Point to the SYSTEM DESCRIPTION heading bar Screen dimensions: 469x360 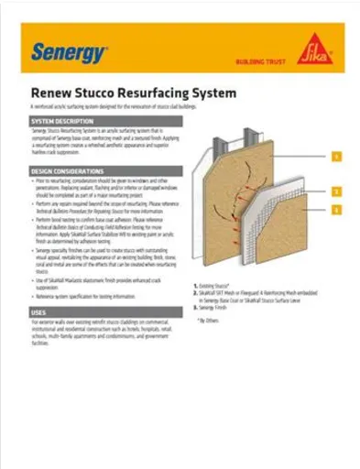[x=102, y=121]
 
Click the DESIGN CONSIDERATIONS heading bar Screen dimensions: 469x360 [x=102, y=171]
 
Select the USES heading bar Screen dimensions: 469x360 [x=102, y=312]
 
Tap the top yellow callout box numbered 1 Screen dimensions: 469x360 [x=336, y=157]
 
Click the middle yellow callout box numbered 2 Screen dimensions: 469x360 [x=336, y=191]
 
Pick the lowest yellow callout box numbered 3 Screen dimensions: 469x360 [x=336, y=210]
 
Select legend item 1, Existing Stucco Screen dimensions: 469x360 [x=220, y=287]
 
